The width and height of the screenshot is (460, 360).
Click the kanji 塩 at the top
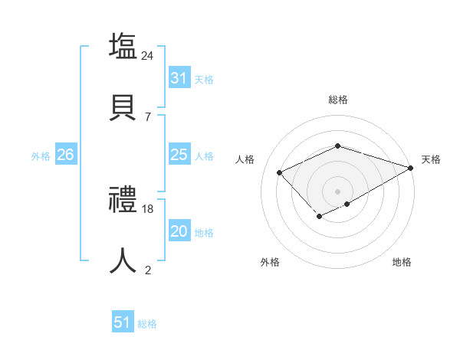(x=123, y=46)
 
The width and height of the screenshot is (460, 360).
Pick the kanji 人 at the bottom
(x=123, y=260)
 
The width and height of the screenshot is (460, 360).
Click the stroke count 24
(x=148, y=56)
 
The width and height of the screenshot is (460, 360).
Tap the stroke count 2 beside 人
(x=147, y=270)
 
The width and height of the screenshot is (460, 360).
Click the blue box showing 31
(x=179, y=77)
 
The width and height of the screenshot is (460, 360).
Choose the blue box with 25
(x=179, y=155)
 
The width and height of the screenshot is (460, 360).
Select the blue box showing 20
(x=179, y=231)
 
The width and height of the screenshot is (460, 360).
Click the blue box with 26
(x=65, y=155)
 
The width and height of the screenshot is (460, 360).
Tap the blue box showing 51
(x=123, y=322)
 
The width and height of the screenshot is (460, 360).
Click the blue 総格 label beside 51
(x=147, y=324)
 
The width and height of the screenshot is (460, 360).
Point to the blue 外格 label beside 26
(x=41, y=156)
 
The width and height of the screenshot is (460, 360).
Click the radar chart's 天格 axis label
(x=431, y=159)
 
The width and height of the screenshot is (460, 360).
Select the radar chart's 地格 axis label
(x=402, y=262)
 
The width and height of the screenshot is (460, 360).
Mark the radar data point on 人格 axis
(x=280, y=172)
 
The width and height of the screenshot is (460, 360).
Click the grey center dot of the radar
(x=337, y=191)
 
